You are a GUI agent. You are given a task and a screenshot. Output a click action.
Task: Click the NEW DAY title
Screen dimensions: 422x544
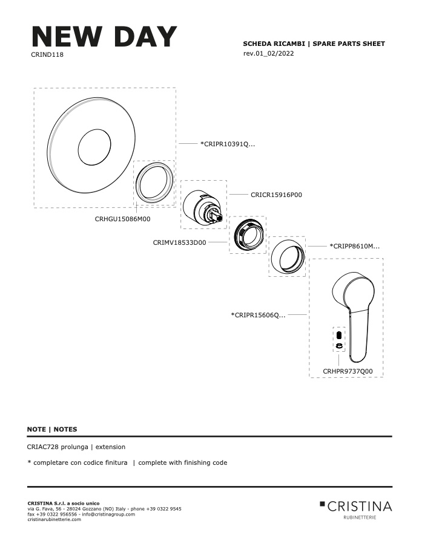(x=104, y=36)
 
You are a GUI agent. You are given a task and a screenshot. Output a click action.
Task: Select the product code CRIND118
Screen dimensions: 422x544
(x=47, y=54)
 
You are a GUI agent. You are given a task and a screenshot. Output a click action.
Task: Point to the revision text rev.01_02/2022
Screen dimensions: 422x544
(x=268, y=53)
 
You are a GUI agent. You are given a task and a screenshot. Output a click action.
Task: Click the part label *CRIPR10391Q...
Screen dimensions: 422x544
(x=228, y=144)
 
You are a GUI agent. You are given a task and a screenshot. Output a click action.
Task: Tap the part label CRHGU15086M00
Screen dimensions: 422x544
(x=123, y=219)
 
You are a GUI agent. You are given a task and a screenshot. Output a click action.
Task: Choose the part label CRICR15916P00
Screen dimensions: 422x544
(x=276, y=195)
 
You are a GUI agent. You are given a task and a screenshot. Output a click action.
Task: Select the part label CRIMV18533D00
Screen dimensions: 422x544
(x=179, y=242)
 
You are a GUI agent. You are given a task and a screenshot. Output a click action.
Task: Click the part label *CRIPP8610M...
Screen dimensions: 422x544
(x=355, y=247)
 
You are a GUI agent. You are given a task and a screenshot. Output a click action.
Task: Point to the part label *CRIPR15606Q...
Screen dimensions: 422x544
(x=259, y=315)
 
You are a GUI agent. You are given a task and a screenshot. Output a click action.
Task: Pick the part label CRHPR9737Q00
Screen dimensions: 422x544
(x=348, y=371)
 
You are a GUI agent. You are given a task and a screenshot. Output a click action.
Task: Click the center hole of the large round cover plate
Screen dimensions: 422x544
(x=94, y=147)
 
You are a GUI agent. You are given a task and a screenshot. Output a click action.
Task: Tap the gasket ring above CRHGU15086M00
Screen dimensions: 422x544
(x=137, y=183)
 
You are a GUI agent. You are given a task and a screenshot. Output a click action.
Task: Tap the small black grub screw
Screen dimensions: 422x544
(x=339, y=335)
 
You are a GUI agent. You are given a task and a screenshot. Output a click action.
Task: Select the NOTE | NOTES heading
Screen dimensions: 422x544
(x=52, y=429)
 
